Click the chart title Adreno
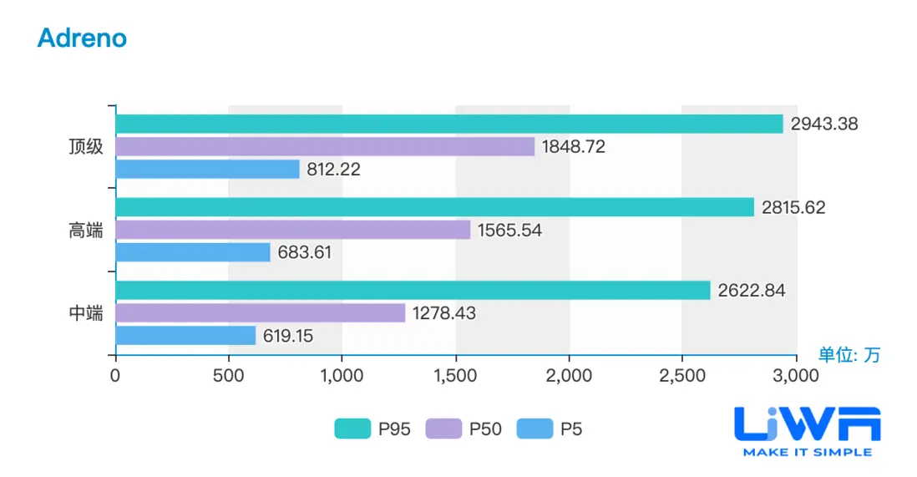[82, 38]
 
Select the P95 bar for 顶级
[449, 124]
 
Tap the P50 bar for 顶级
[325, 146]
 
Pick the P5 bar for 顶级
[207, 169]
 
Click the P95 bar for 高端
[434, 207]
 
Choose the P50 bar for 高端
[292, 230]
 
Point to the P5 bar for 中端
[185, 336]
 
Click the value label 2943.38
[824, 124]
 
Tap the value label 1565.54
[509, 231]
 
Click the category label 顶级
[86, 147]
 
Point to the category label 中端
[86, 314]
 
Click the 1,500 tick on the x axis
[455, 376]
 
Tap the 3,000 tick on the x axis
[796, 376]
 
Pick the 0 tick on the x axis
[115, 376]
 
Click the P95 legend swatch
[352, 429]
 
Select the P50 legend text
[485, 429]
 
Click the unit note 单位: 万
[849, 355]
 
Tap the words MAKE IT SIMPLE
[807, 452]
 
